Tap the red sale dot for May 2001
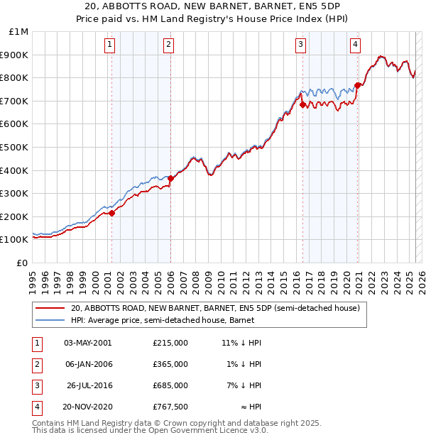111,213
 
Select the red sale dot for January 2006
170,179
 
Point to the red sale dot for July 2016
303,104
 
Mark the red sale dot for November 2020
358,85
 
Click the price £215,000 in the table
170,343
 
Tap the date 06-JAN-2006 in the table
88,364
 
